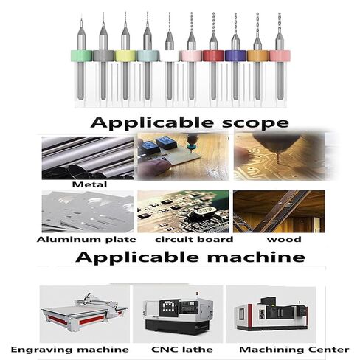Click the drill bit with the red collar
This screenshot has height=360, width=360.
(213, 55)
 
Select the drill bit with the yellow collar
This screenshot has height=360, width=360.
(125, 55)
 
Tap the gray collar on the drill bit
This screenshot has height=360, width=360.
(103, 55)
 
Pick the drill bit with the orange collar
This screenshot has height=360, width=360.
(257, 55)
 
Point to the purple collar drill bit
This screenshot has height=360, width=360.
(235, 55)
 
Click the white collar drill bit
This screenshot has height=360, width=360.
(170, 55)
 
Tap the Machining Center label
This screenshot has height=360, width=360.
(283, 349)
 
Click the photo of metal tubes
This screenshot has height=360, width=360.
(86, 156)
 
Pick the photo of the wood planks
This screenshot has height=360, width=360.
(278, 211)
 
